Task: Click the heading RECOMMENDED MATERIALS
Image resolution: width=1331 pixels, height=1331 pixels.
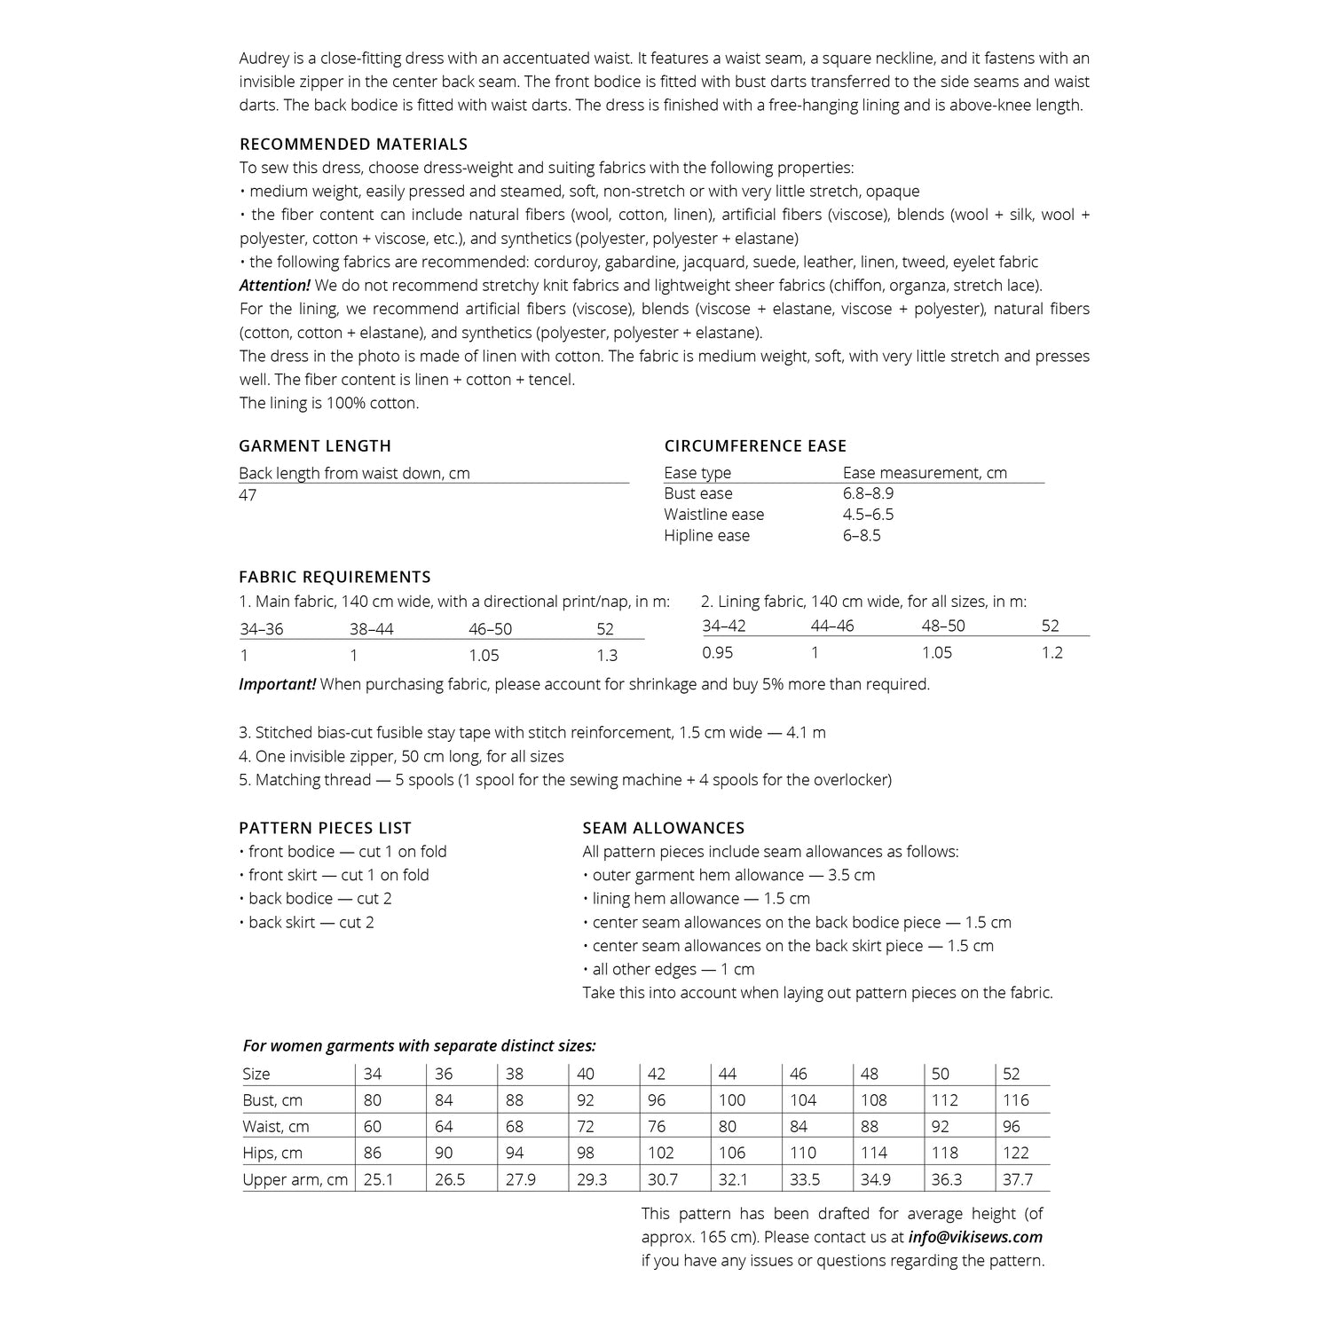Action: (353, 144)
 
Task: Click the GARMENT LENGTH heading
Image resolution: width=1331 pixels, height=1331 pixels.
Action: (315, 445)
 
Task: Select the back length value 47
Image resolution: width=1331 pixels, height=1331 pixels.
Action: (248, 494)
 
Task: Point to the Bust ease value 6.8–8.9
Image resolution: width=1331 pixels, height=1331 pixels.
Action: (868, 493)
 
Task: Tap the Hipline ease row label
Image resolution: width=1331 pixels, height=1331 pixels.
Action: (706, 535)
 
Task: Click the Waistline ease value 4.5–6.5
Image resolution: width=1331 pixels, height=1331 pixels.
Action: (868, 515)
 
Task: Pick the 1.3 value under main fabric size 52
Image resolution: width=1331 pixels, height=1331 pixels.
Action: (607, 656)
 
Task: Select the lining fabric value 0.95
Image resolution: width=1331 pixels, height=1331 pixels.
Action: (718, 652)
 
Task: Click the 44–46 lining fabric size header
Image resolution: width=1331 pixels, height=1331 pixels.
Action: (831, 626)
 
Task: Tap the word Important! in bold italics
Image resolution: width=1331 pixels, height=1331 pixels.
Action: (277, 684)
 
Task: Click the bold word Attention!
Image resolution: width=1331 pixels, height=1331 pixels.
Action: (274, 286)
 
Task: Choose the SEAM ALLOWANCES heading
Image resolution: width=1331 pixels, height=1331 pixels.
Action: (663, 828)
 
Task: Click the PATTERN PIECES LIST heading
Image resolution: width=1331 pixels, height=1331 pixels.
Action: (325, 828)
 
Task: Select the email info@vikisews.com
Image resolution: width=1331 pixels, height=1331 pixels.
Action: (975, 1237)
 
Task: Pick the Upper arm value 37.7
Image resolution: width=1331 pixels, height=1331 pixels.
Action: (1017, 1180)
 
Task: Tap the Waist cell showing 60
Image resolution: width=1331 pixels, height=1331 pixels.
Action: (373, 1127)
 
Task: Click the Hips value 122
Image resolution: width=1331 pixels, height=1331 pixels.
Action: (1016, 1154)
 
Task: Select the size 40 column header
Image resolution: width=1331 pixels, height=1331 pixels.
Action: (586, 1074)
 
